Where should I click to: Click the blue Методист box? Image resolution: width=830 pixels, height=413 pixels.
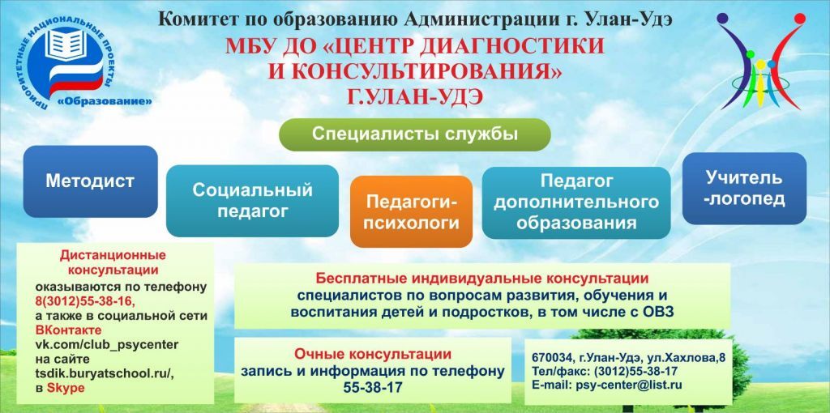pos(91,181)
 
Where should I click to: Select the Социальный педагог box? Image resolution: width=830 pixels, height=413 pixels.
pos(253,201)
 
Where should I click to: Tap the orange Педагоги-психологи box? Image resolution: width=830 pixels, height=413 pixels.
pos(411,212)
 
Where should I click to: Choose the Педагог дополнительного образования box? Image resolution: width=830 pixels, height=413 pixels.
pos(576,202)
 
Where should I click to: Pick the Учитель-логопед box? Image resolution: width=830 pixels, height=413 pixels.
pos(744,188)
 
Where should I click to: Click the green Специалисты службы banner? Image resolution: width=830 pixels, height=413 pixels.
pos(414,134)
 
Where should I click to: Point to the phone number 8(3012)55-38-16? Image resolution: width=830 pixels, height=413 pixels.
pos(85,301)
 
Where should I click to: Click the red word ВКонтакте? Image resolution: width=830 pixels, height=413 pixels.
pos(68,330)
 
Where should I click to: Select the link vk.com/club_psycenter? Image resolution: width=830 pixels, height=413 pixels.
pos(106,345)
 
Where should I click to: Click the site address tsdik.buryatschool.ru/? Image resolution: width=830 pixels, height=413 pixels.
pos(105,373)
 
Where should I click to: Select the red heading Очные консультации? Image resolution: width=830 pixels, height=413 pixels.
pos(373,354)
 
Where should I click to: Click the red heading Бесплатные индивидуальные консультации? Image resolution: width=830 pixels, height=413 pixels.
pos(482,278)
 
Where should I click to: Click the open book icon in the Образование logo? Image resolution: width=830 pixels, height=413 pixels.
pos(65,45)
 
